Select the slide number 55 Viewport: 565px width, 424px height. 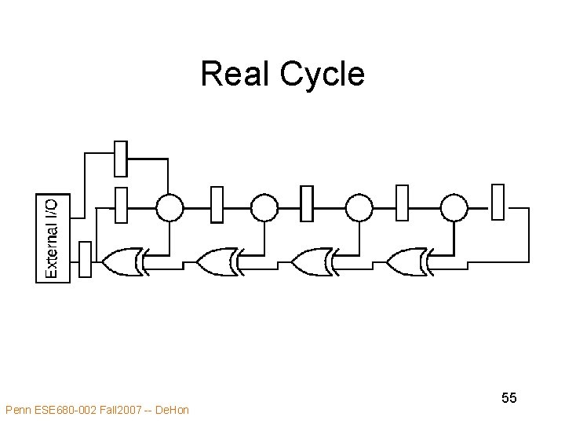click(509, 398)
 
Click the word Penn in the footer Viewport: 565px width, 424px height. click(17, 409)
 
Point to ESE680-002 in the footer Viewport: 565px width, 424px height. click(66, 409)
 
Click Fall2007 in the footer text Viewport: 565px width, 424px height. click(122, 409)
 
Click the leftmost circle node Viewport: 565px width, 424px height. click(169, 207)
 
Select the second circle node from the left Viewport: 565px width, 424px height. click(264, 207)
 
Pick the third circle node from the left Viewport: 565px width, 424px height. click(359, 207)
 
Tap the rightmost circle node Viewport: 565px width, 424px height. click(454, 207)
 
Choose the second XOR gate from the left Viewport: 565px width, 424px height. click(218, 261)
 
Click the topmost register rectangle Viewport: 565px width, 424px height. click(121, 159)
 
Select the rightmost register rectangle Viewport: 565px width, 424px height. click(498, 202)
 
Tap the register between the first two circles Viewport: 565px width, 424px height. click(217, 203)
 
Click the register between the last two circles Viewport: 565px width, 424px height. click(403, 203)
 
